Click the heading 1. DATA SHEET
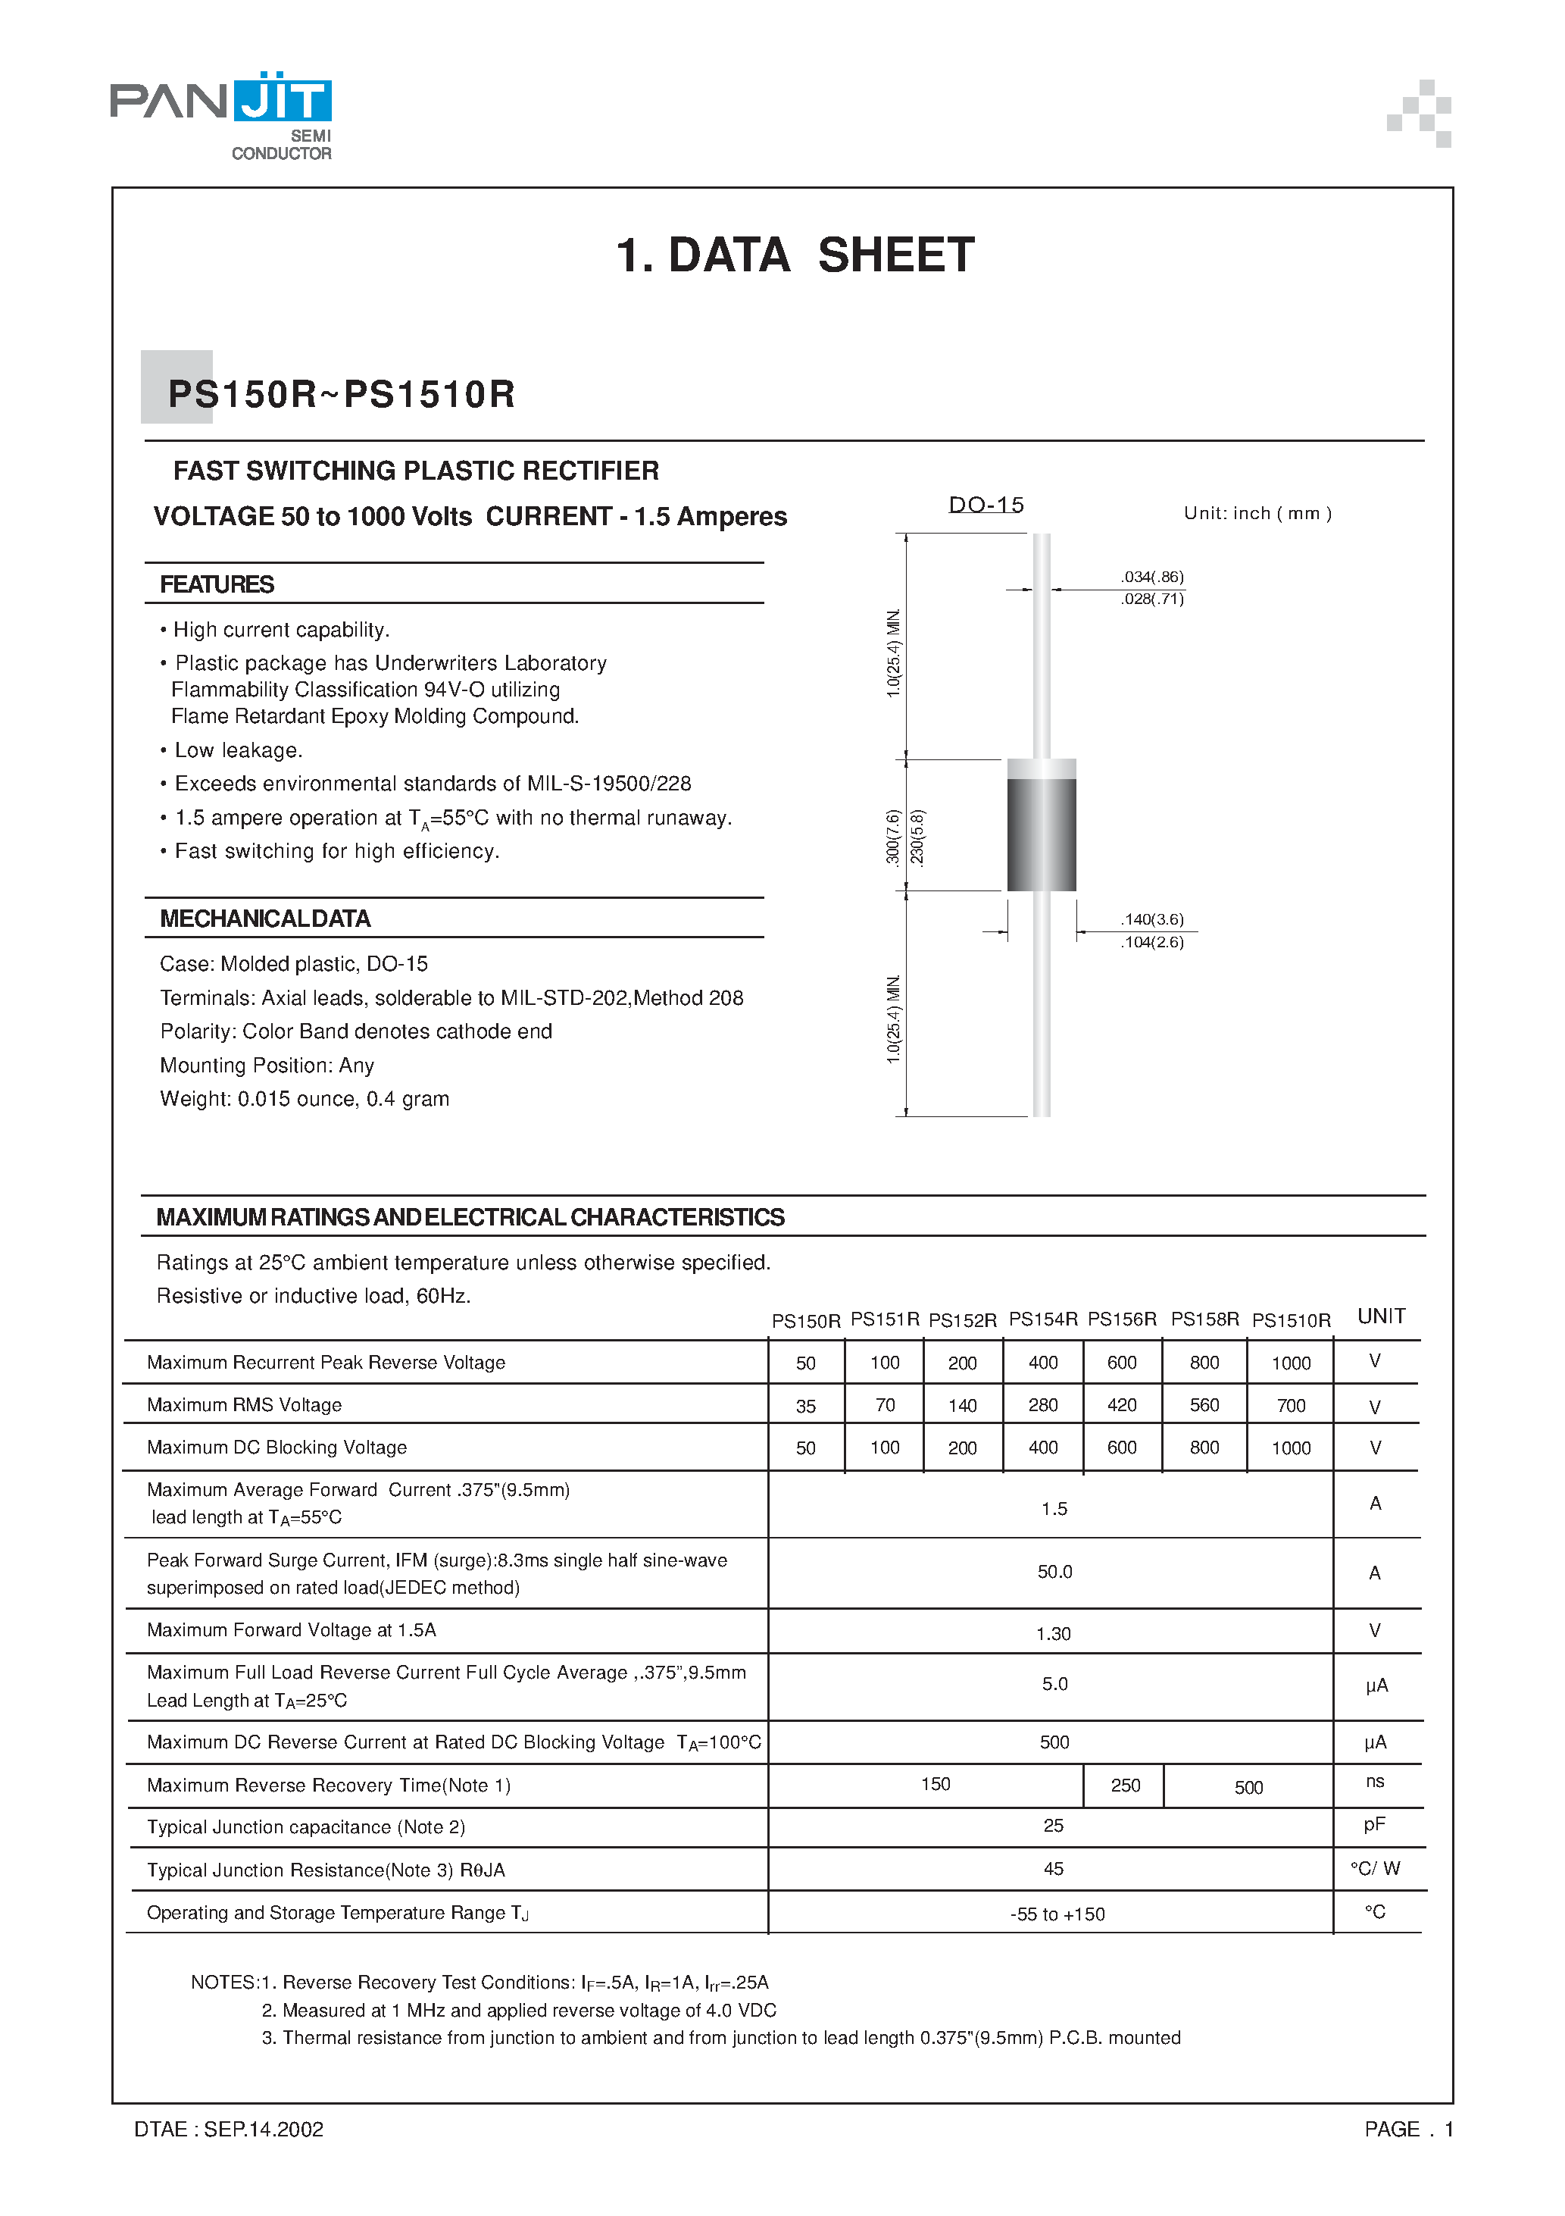795,255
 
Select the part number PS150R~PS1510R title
342,394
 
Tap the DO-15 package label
985,505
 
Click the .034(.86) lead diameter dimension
1151,577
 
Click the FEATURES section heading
217,585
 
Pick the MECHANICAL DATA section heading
265,919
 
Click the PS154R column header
1042,1319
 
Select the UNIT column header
1381,1316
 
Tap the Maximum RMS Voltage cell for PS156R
1121,1405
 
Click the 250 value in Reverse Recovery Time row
1125,1786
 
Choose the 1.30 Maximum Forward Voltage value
1054,1634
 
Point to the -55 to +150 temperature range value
1057,1914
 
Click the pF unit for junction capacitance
1375,1824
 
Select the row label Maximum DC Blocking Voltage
277,1448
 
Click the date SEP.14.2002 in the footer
264,2129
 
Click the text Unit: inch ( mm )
1257,514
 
